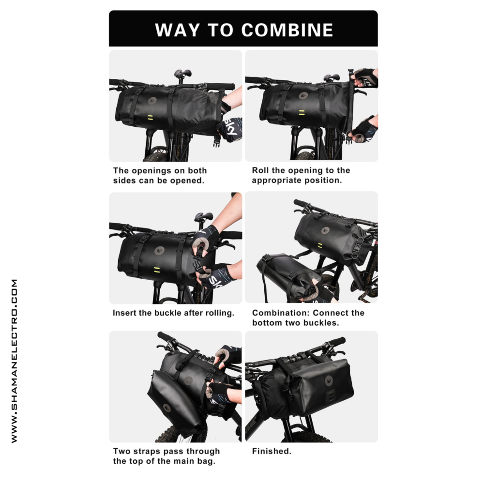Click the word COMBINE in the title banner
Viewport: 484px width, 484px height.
287,30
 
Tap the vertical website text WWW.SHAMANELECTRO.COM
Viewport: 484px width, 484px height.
14,361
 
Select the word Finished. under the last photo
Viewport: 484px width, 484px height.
272,451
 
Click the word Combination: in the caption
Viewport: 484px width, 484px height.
280,313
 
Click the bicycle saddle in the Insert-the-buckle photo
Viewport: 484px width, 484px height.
204,217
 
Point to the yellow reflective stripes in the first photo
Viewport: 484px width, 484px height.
150,117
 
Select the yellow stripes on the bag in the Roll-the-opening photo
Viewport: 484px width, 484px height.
302,113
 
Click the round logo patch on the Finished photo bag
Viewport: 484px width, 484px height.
329,381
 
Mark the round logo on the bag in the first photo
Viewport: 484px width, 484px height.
152,101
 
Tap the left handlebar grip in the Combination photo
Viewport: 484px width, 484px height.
301,203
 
